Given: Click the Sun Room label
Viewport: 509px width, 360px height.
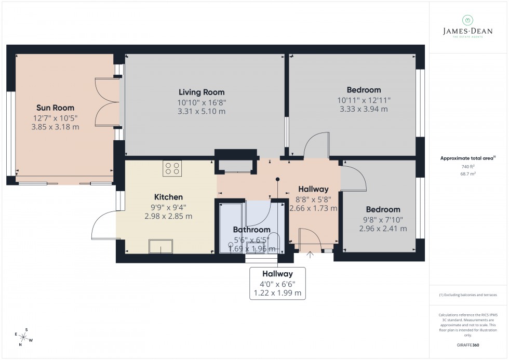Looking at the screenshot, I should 55,108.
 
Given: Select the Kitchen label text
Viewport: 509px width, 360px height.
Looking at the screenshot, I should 168,197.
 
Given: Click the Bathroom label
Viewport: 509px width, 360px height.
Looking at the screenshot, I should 251,230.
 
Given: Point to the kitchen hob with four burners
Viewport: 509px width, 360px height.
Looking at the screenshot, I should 172,168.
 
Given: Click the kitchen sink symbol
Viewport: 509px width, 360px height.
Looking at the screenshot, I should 160,246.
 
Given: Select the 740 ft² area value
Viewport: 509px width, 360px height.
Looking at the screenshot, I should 468,166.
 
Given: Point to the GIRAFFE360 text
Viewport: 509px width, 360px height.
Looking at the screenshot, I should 468,345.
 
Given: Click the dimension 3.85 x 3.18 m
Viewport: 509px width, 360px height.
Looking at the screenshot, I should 55,127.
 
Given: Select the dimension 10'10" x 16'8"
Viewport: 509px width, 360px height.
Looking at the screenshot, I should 202,102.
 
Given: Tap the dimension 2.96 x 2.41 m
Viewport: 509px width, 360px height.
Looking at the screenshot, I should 383,229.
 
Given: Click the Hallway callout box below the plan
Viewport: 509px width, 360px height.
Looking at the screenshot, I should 277,283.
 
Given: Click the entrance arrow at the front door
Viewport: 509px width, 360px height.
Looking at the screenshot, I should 311,255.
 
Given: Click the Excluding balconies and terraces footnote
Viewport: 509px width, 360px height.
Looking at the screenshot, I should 468,295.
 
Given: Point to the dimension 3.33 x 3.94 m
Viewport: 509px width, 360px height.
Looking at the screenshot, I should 364,109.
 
